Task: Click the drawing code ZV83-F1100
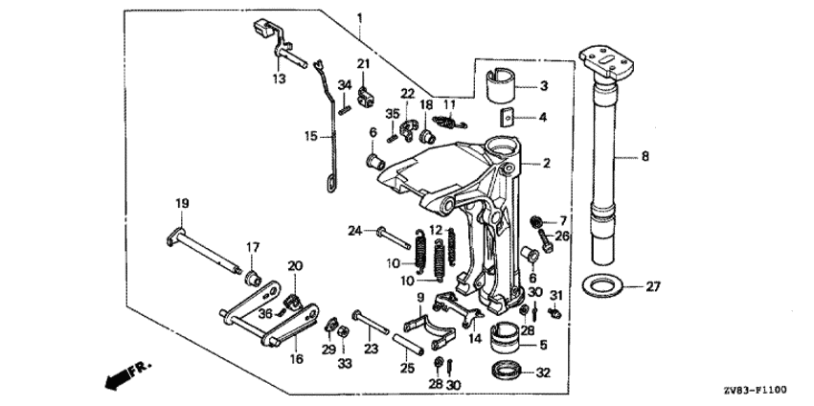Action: pos(762,389)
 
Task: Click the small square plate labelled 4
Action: pos(509,117)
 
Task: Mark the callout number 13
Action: pos(279,79)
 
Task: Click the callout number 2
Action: pos(546,164)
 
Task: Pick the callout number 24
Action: pos(354,231)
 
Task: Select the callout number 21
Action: pos(364,63)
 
